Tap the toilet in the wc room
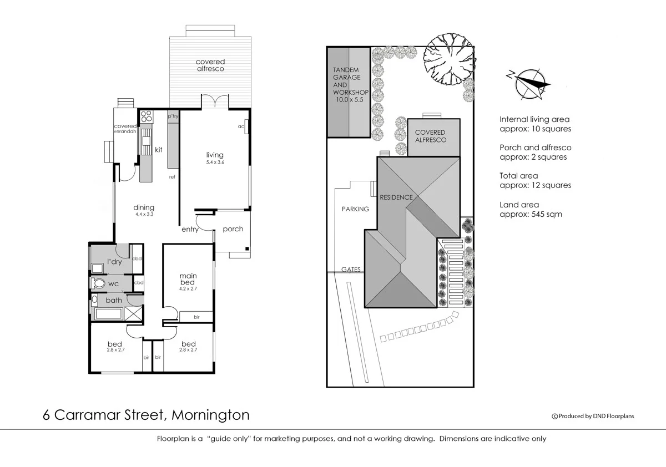coord(99,283)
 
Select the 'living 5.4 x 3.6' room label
coord(215,158)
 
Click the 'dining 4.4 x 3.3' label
coord(144,210)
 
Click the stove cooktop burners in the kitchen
coord(147,117)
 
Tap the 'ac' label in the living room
coord(241,126)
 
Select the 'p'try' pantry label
coord(173,116)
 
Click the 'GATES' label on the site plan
coord(351,270)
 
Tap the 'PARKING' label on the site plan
coord(355,209)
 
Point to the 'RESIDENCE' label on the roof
coord(396,197)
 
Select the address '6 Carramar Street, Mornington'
coord(147,415)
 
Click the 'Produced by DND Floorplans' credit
coord(592,416)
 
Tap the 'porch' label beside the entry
coord(233,229)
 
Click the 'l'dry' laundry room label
coord(114,262)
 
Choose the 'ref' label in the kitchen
coord(172,177)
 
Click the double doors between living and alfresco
coord(214,103)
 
